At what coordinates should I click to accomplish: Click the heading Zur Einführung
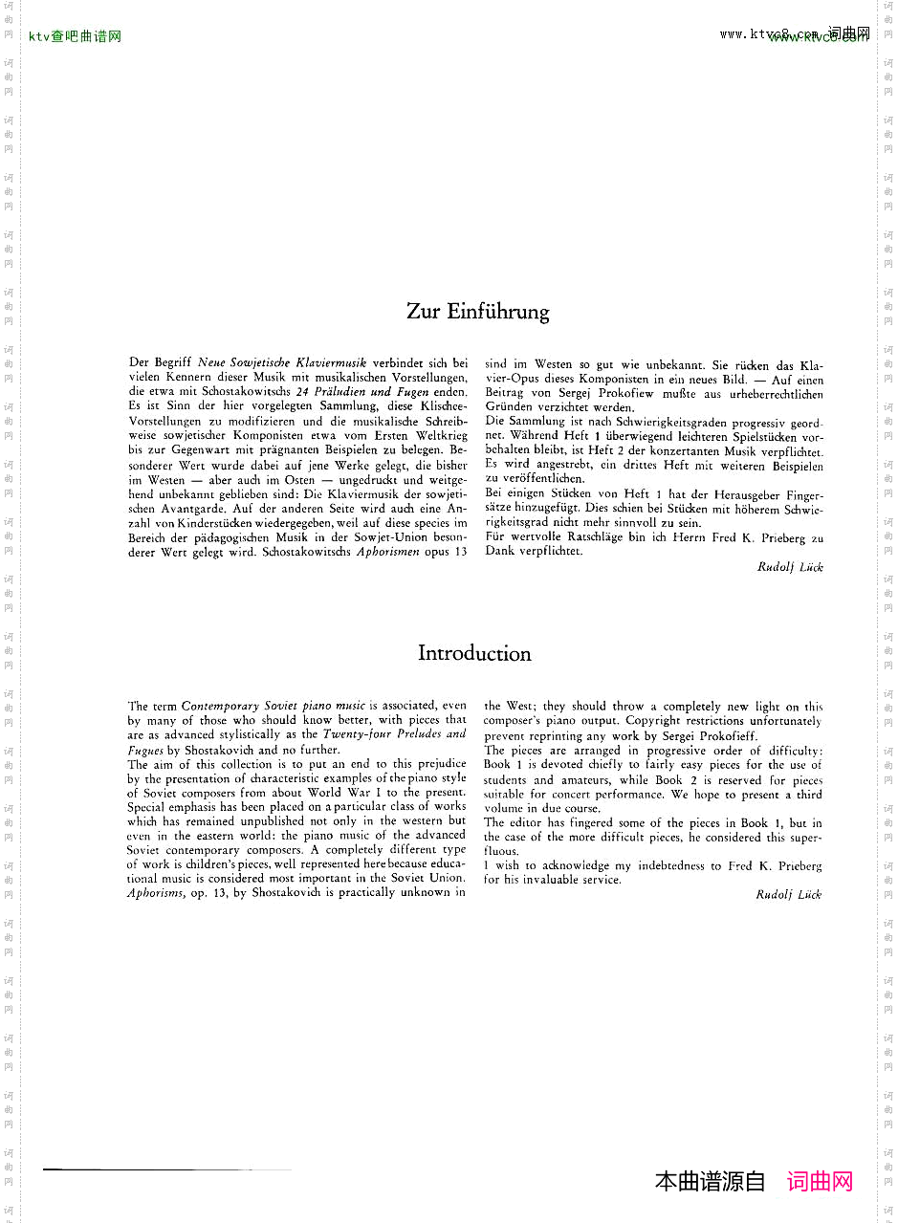477,312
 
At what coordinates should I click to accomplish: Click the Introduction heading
473,654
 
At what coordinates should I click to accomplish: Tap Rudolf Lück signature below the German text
789,567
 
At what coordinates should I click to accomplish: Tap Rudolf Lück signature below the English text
788,895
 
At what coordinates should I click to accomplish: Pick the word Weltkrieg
439,435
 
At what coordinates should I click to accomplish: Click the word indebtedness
666,866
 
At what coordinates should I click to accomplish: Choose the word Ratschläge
603,537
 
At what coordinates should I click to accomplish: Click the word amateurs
585,780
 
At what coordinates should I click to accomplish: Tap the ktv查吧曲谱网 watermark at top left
75,37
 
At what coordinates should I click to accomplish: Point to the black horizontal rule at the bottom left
167,1169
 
